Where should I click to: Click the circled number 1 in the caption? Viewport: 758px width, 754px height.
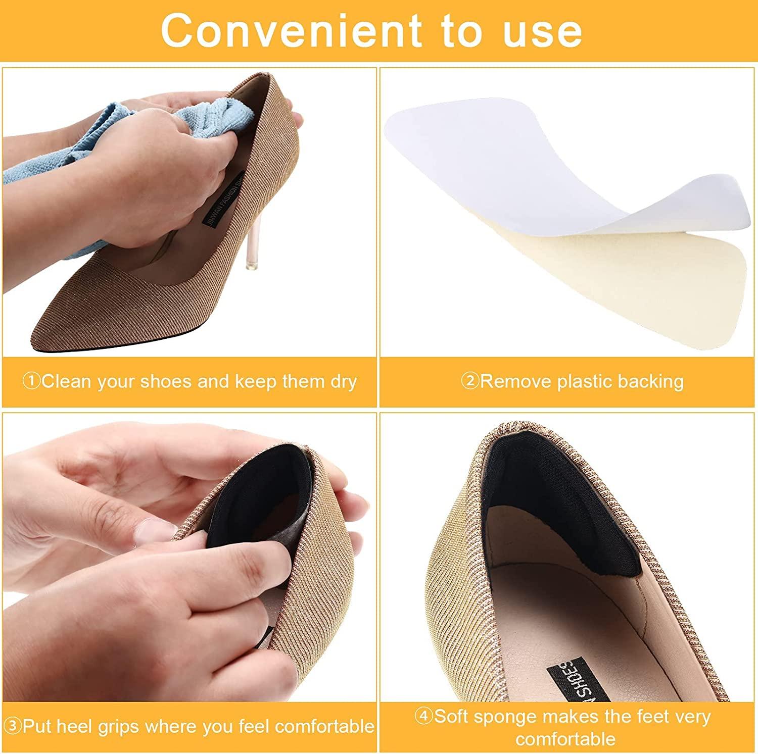[31, 381]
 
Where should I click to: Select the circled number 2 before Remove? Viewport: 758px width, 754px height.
[470, 381]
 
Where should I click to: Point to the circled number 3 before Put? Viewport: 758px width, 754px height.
[14, 727]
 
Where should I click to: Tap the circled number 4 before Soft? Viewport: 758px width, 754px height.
[423, 716]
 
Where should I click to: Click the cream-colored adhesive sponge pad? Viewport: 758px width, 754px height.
[632, 283]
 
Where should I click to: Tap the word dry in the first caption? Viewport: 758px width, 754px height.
[344, 382]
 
